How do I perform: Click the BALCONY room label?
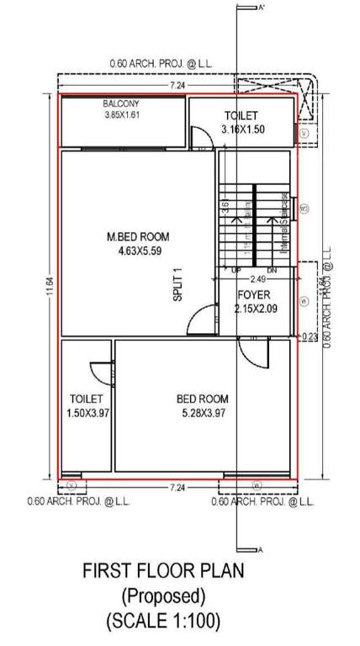[120, 104]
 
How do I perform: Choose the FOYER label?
[252, 295]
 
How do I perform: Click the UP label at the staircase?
[236, 270]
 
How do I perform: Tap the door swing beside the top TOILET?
[200, 137]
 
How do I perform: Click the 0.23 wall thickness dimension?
[310, 336]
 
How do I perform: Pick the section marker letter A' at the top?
[262, 7]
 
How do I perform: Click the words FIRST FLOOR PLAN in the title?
[162, 570]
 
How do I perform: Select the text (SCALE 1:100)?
[162, 622]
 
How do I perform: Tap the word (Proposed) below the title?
[162, 596]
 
